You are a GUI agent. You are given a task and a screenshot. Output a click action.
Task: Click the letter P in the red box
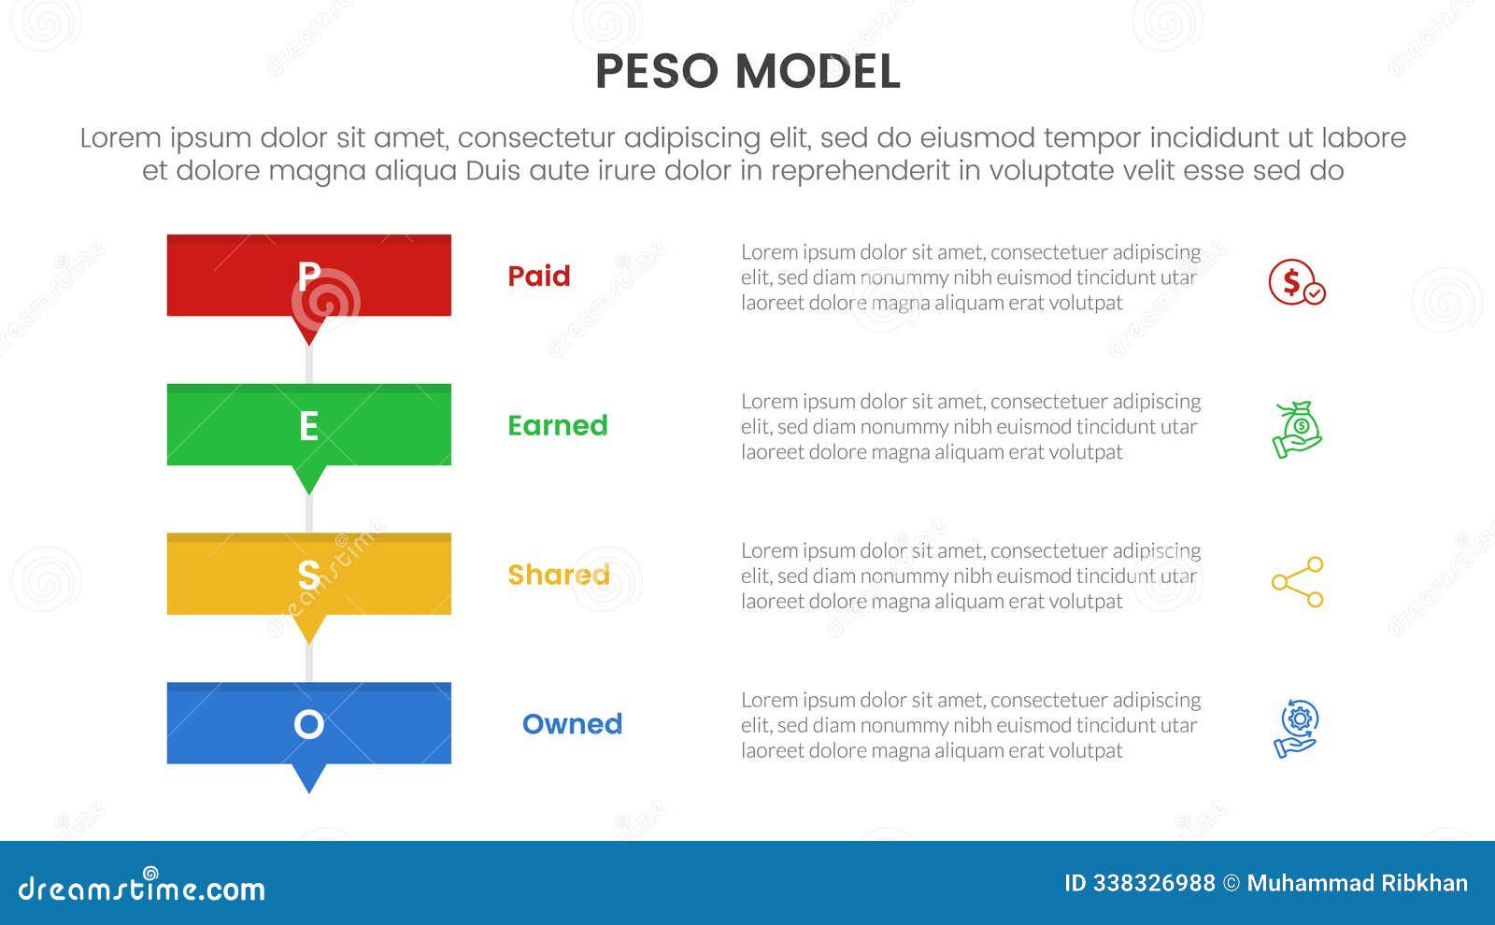308,276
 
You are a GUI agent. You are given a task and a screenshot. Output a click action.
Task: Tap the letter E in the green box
308,425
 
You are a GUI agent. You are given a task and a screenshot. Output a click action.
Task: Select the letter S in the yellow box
308,575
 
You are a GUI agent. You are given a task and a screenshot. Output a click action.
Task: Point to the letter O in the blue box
308,724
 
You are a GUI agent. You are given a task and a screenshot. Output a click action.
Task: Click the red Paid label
538,276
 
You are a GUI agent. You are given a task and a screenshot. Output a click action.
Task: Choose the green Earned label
557,425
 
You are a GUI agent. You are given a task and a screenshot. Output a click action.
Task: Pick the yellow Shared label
558,575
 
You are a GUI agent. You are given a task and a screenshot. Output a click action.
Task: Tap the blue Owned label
572,724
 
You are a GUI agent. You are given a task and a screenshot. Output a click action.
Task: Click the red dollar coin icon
1296,281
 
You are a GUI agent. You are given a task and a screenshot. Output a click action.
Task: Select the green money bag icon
1297,430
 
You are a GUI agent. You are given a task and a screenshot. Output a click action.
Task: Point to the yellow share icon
1298,582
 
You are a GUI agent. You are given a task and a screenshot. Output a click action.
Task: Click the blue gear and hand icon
1296,728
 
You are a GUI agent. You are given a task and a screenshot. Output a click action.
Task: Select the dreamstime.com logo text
141,888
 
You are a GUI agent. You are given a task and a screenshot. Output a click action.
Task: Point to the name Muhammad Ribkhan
1357,883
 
